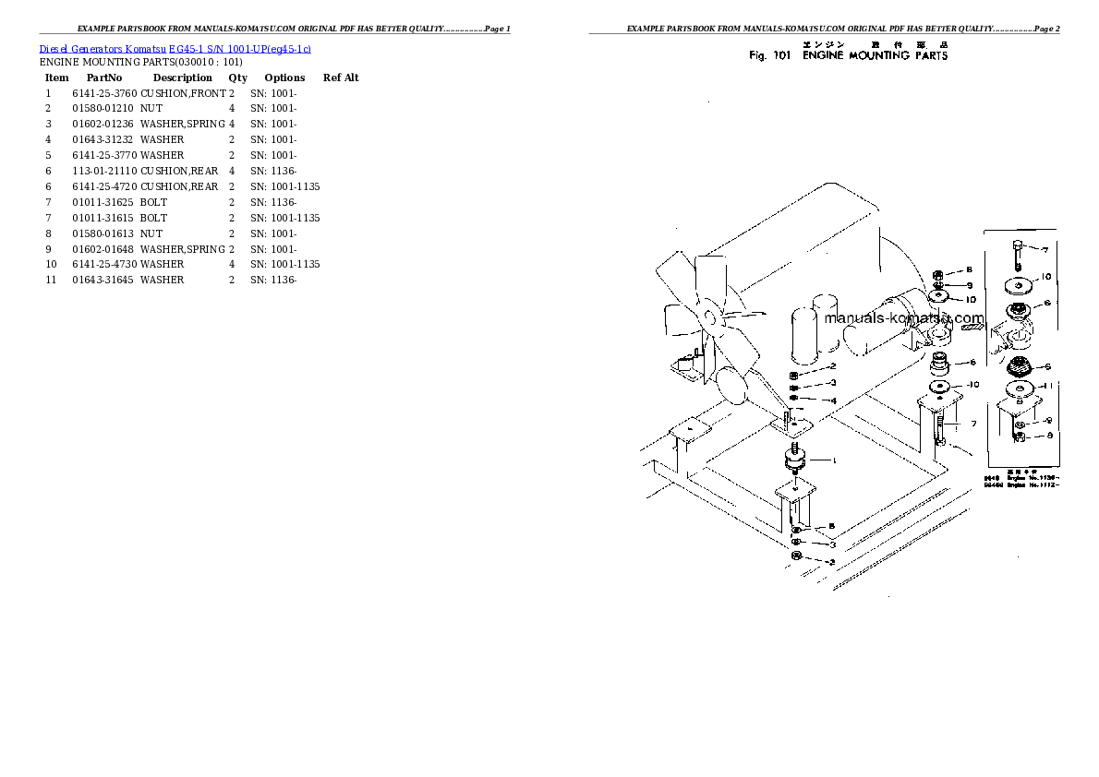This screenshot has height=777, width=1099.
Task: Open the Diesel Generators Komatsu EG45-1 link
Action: (175, 49)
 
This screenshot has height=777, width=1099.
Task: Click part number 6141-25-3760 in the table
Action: (104, 93)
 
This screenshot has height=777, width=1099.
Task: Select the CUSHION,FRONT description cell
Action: (183, 93)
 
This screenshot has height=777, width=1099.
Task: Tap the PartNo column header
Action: (104, 78)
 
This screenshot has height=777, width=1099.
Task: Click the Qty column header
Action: (237, 78)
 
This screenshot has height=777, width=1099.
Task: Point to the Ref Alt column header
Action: (341, 78)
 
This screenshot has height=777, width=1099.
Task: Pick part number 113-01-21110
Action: (104, 171)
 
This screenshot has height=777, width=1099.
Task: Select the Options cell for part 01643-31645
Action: (273, 280)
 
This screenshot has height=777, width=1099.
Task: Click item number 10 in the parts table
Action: (52, 264)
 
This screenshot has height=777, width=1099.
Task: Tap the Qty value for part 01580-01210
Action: (232, 108)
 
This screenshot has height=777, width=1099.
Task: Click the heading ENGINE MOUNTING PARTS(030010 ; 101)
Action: (140, 62)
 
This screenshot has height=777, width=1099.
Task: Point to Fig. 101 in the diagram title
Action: (770, 56)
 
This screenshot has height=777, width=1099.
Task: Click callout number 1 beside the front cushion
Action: (833, 460)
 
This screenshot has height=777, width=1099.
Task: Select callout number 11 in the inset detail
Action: (1046, 385)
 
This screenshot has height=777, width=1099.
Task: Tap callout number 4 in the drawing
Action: (833, 400)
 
